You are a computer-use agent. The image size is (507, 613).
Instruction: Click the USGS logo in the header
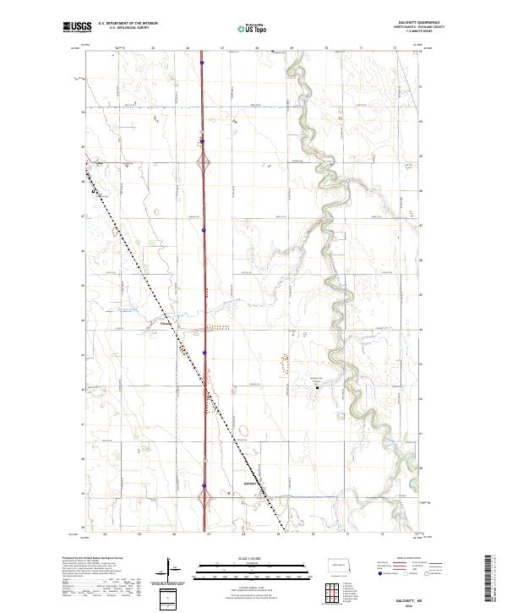(76, 28)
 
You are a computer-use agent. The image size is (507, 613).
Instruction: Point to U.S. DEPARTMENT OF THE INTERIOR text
(128, 25)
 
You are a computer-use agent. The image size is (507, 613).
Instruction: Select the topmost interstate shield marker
(202, 62)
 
